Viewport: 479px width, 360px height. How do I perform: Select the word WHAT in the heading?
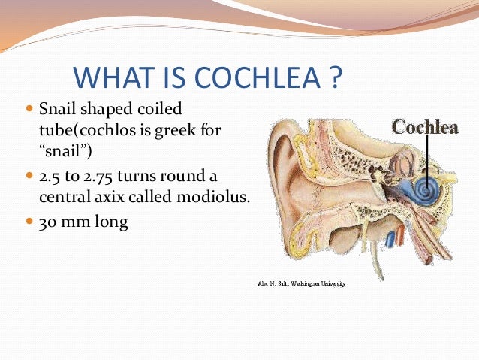pos(110,79)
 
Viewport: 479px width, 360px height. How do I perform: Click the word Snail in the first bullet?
pos(60,110)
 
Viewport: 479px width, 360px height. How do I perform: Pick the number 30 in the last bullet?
pos(47,222)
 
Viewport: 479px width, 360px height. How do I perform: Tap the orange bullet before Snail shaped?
pos(30,110)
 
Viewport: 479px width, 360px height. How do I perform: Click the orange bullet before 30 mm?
pos(30,222)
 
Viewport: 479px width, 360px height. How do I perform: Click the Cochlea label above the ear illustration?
pos(424,127)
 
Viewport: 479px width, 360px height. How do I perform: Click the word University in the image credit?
pos(331,284)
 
